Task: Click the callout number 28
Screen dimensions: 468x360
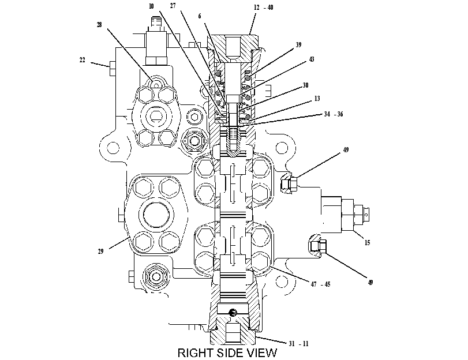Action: click(99, 25)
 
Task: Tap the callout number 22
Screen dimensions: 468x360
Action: click(83, 60)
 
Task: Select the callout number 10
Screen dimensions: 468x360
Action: click(151, 6)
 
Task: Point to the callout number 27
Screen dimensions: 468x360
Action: click(173, 6)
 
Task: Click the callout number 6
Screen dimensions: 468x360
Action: click(200, 16)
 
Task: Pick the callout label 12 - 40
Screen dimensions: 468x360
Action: click(264, 7)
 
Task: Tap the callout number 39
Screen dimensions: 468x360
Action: click(298, 45)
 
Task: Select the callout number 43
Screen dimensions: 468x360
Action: click(311, 59)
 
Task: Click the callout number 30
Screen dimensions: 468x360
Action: click(305, 85)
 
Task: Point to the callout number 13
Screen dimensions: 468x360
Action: click(317, 99)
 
